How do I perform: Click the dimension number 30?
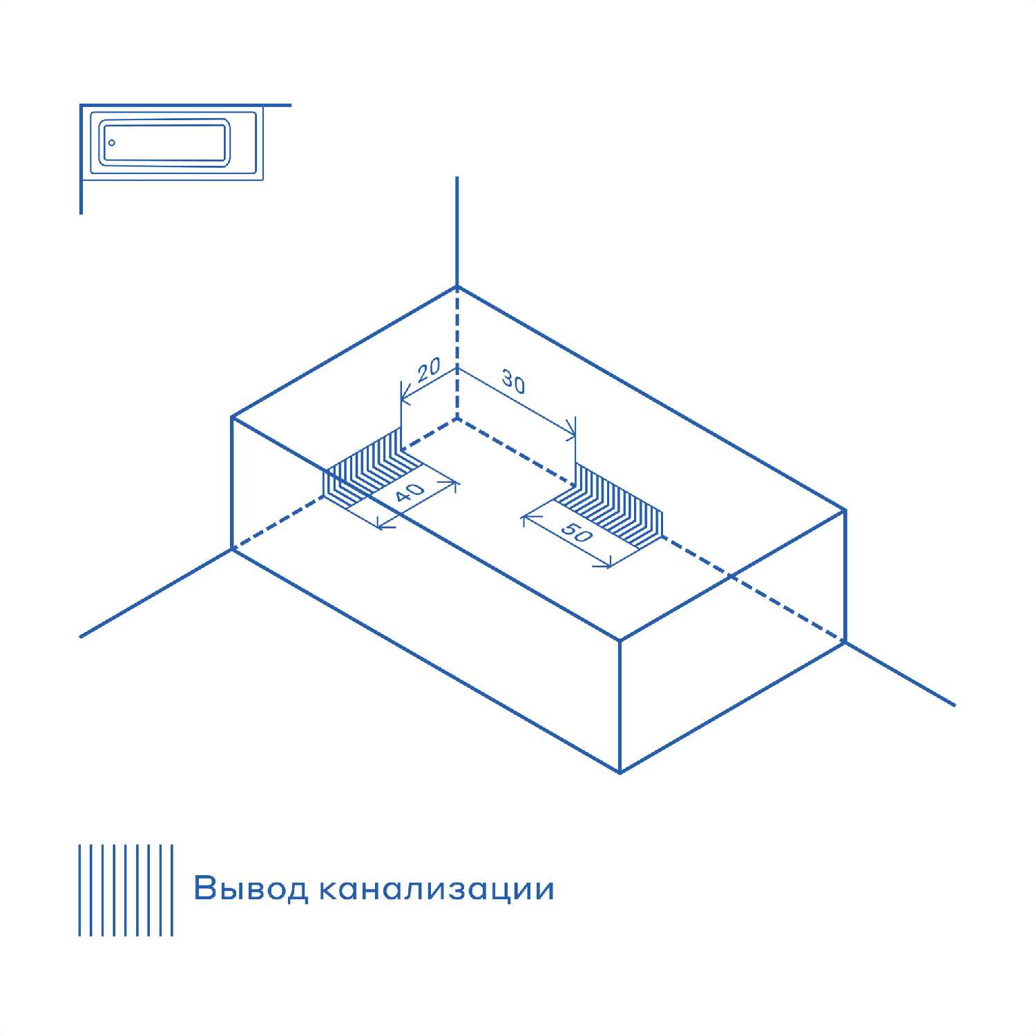point(513,383)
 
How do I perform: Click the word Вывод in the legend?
point(251,888)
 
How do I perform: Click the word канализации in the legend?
point(437,889)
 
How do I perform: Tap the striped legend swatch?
point(126,890)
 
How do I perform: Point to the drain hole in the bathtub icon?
point(112,144)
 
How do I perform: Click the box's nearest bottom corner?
point(620,771)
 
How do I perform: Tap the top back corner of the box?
point(457,286)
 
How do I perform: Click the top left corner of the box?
point(232,417)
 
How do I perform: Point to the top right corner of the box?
point(845,510)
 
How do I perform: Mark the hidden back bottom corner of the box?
point(457,418)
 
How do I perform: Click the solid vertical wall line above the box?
point(457,231)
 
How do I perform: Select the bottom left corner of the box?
point(232,549)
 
